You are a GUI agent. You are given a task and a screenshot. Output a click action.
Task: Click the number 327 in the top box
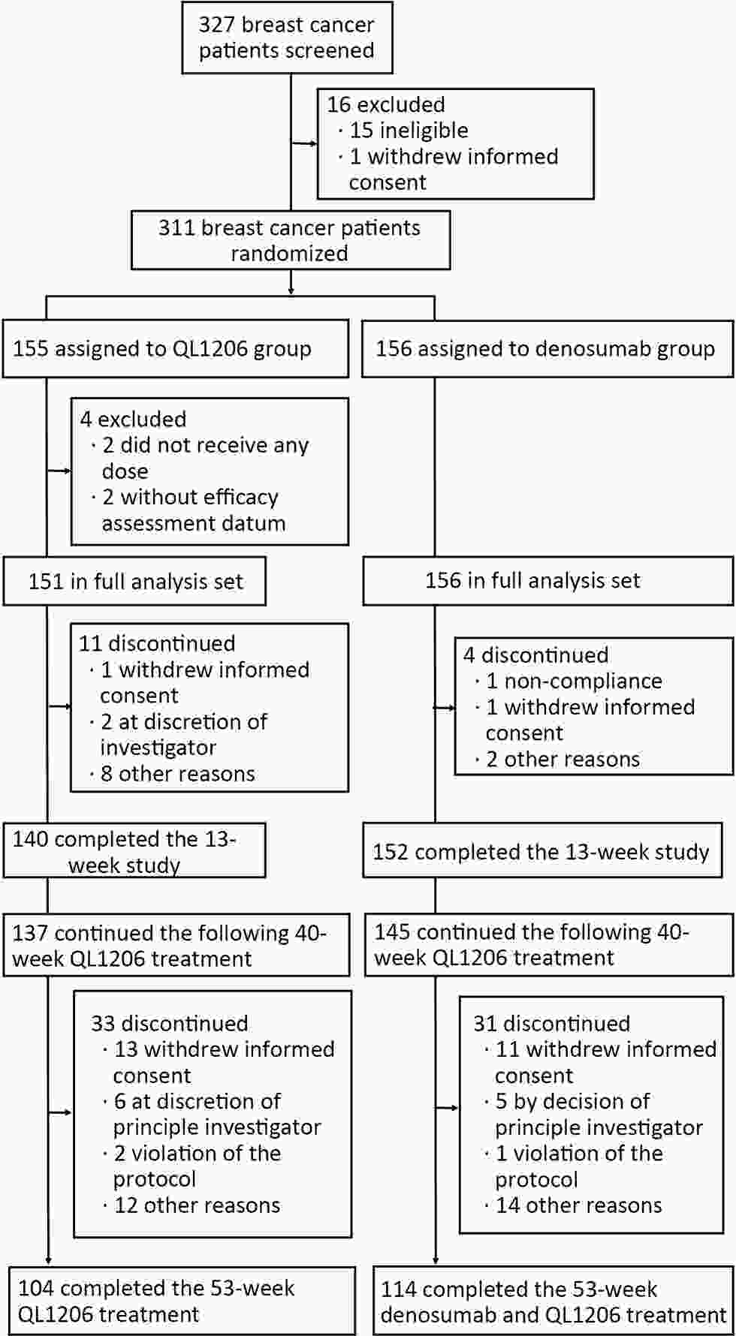point(217,25)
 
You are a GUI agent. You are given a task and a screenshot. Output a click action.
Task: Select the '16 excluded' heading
point(386,104)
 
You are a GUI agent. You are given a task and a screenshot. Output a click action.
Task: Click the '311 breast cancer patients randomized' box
point(291,240)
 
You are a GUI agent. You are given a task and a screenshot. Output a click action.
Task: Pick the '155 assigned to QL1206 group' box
point(176,349)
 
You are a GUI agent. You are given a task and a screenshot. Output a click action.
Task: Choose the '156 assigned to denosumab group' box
point(547,349)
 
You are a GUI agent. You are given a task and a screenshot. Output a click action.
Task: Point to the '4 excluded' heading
point(134,419)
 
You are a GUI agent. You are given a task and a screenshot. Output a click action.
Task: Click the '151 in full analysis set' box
point(134,581)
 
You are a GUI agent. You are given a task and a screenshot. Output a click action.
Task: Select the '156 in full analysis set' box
point(547,581)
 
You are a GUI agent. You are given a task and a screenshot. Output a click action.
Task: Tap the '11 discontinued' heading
point(158,643)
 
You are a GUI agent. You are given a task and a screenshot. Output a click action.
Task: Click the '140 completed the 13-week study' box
point(134,851)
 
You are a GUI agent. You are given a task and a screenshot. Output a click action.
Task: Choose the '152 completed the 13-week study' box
point(547,851)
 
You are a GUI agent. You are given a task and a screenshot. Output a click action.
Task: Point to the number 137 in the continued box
point(31,933)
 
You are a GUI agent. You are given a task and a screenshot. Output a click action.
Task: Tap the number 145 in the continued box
point(393,932)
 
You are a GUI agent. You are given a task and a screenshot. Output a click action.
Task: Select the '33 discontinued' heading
point(170,1024)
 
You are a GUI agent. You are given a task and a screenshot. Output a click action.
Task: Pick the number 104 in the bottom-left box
point(37,1289)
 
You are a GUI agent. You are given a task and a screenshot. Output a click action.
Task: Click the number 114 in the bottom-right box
point(399,1289)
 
